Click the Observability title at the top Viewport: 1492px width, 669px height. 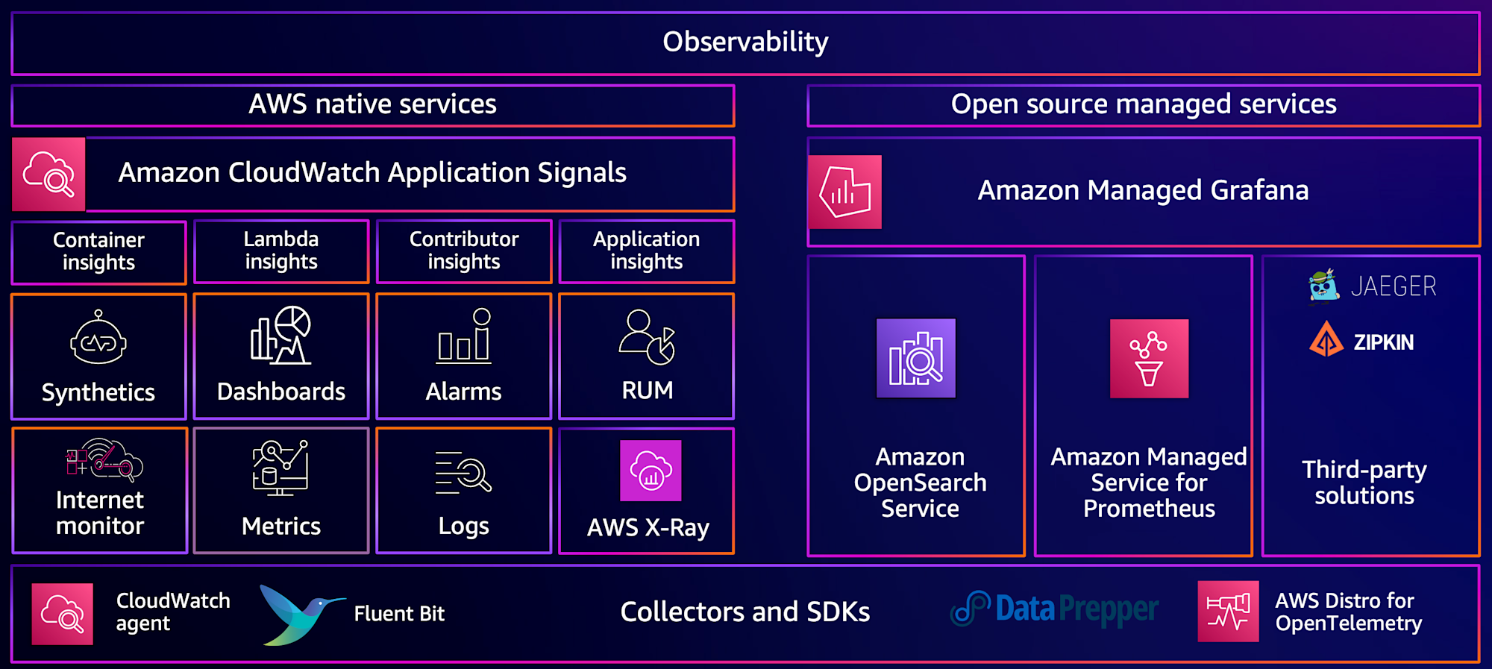click(x=745, y=42)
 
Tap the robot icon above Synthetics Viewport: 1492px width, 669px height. click(x=98, y=339)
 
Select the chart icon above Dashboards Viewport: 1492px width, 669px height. click(x=280, y=336)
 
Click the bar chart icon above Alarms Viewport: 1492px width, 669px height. click(x=464, y=337)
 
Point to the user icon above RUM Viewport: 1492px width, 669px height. click(x=646, y=337)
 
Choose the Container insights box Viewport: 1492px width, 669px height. click(x=98, y=251)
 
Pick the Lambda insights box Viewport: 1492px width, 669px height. click(x=281, y=251)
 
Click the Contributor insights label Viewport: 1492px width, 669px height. click(x=464, y=251)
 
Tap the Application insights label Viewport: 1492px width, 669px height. click(x=646, y=251)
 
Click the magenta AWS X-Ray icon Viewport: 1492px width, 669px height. click(x=651, y=471)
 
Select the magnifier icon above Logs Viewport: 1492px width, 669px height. click(x=464, y=473)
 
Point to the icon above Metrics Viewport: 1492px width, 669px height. click(x=280, y=468)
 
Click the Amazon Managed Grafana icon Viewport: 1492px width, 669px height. click(x=845, y=192)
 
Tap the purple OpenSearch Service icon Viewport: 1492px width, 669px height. click(x=916, y=358)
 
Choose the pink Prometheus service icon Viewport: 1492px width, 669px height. click(x=1149, y=359)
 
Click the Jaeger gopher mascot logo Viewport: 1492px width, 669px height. click(x=1323, y=286)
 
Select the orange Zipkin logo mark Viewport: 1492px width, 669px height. click(x=1326, y=339)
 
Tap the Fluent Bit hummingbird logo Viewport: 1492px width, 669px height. click(x=301, y=614)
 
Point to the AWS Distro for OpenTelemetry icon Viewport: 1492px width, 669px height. click(x=1228, y=612)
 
